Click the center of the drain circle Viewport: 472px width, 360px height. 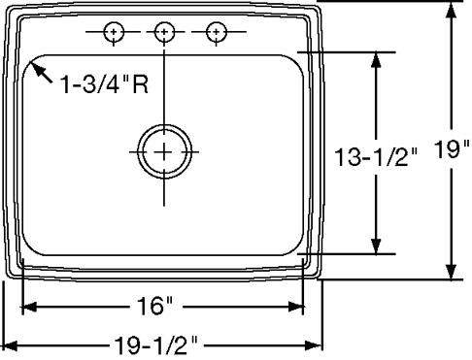(x=164, y=151)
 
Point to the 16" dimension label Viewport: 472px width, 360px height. (x=154, y=306)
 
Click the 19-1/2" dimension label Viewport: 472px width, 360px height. (x=155, y=345)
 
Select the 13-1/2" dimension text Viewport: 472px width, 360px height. (x=376, y=157)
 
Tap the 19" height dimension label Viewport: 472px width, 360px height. (x=452, y=149)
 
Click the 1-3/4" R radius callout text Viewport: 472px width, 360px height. (x=104, y=84)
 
